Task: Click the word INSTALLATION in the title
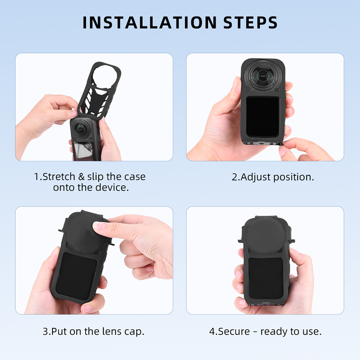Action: coord(150,22)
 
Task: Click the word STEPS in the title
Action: coord(250,22)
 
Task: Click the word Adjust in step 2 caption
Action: coord(255,177)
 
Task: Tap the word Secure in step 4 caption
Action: coord(234,332)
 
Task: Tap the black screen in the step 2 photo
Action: coord(263,116)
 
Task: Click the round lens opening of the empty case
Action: coord(105,75)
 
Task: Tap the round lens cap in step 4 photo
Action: coord(266,235)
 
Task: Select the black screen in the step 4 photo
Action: coord(266,278)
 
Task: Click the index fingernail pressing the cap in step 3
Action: coord(99,227)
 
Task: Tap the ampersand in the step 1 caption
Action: coord(81,177)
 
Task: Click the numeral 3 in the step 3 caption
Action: coord(46,332)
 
